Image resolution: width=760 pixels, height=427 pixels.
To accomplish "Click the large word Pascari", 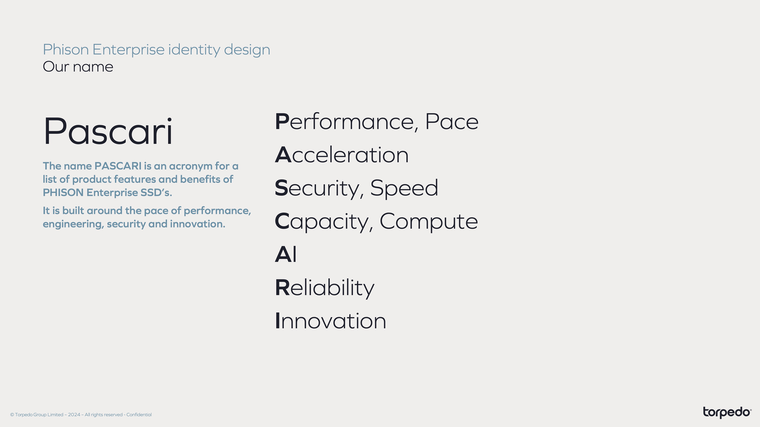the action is pyautogui.click(x=108, y=131).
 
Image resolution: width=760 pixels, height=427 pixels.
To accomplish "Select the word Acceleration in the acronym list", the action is pyautogui.click(x=342, y=155).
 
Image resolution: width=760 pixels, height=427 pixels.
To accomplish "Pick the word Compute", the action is pyautogui.click(x=429, y=222).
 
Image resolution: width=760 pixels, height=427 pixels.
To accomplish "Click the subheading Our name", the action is pyautogui.click(x=78, y=67).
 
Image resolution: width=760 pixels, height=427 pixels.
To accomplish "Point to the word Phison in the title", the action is pyautogui.click(x=66, y=49).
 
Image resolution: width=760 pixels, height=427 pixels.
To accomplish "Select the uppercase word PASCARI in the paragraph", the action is pyautogui.click(x=118, y=166).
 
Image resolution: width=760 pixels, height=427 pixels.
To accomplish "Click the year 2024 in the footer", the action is pyautogui.click(x=74, y=415).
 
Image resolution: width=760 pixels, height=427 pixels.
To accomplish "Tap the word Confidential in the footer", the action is pyautogui.click(x=139, y=415).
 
